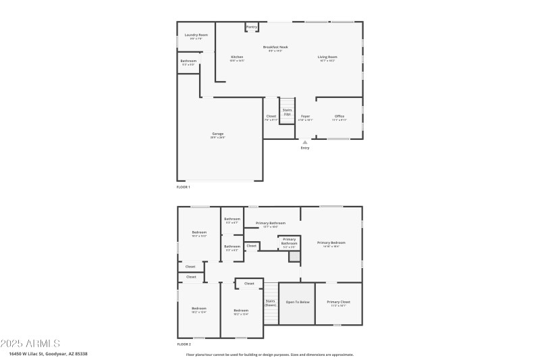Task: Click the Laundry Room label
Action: (x=196, y=34)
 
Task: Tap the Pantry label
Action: (x=252, y=27)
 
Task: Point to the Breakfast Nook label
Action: (x=275, y=47)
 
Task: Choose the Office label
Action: (x=340, y=116)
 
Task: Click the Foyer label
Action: (x=305, y=116)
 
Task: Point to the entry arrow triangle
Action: (x=305, y=142)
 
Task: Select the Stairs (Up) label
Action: (x=287, y=111)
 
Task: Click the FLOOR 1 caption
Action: (x=184, y=186)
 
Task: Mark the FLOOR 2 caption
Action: (x=184, y=344)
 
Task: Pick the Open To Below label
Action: (x=298, y=302)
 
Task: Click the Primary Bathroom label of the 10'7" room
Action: (x=270, y=223)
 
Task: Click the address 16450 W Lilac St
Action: (x=48, y=353)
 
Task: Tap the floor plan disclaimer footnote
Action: (x=269, y=354)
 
